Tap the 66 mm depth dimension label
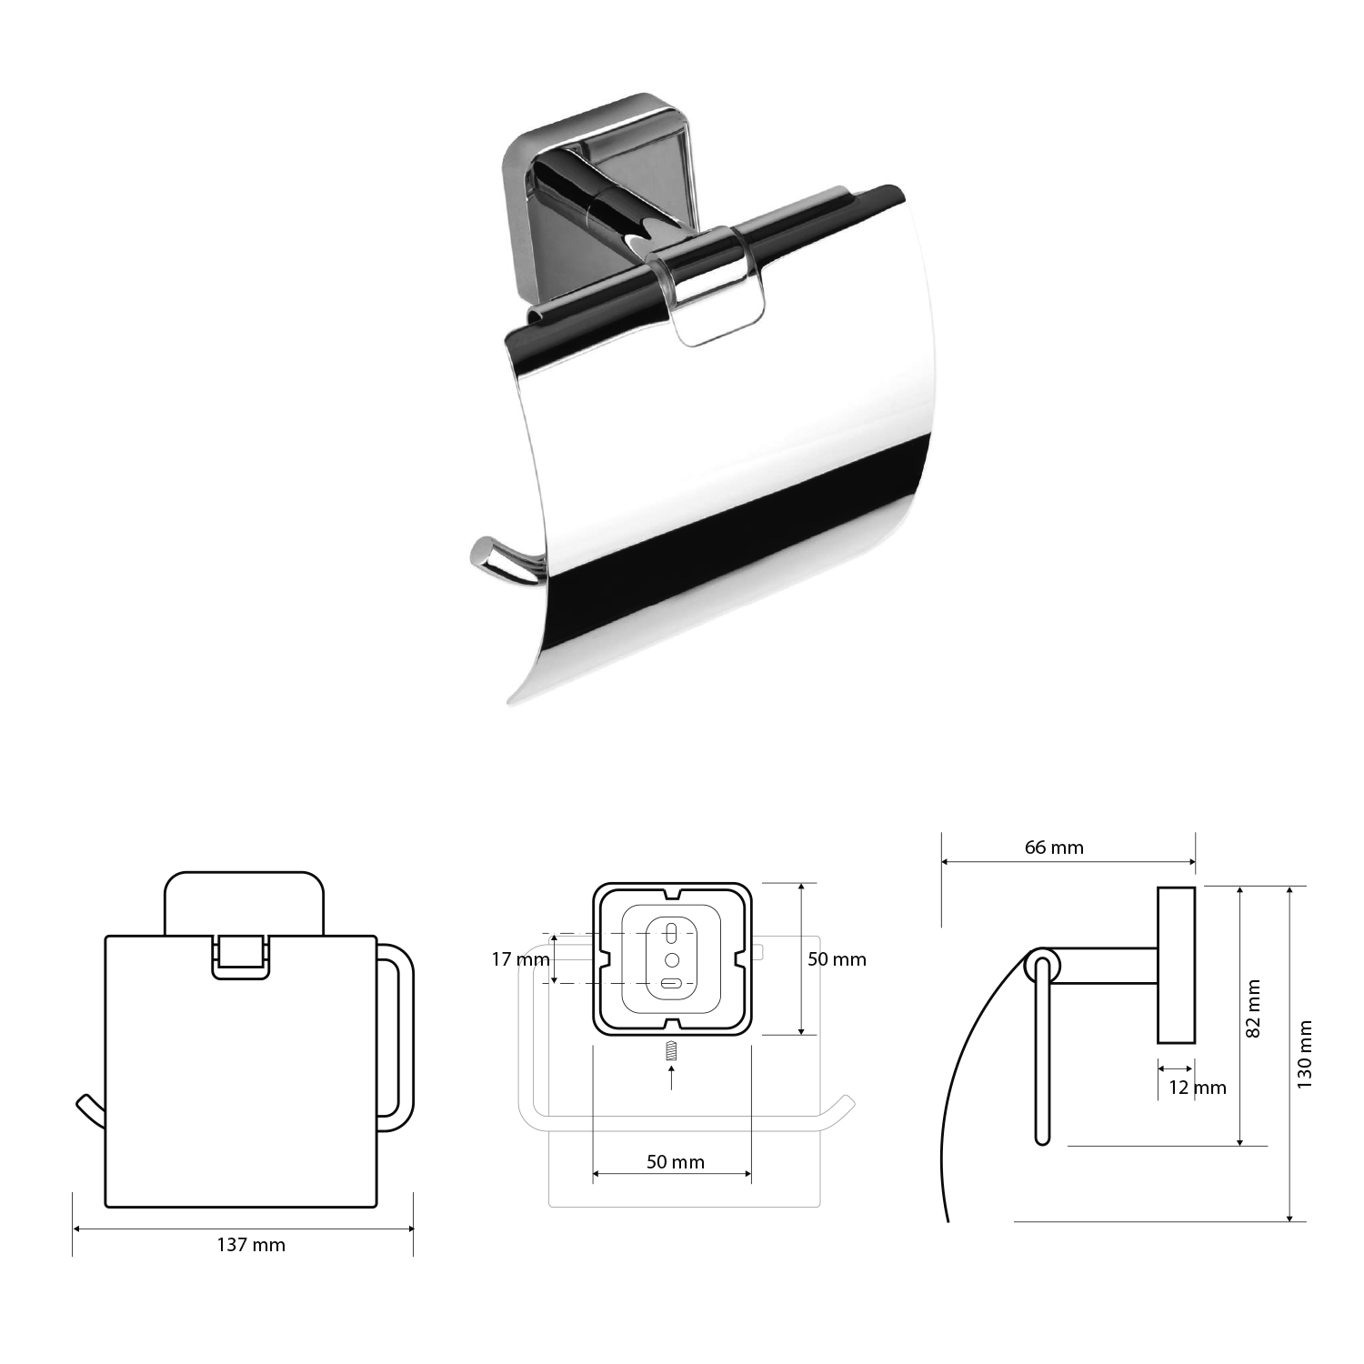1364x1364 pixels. [1054, 847]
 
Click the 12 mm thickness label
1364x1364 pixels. [1197, 1088]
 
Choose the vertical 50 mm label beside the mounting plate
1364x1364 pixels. [837, 959]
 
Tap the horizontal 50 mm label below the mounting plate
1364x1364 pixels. [675, 1161]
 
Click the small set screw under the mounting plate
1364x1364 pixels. [671, 1049]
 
